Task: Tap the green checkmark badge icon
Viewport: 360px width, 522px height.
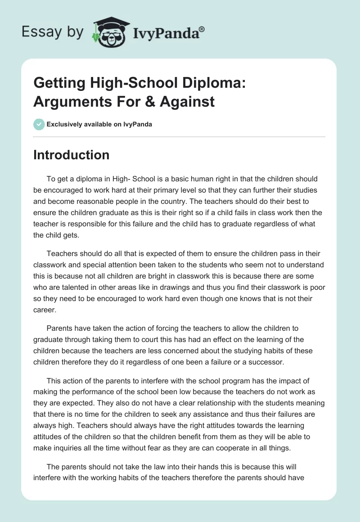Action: (x=39, y=124)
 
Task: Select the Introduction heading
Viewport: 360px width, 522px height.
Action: (x=71, y=155)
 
